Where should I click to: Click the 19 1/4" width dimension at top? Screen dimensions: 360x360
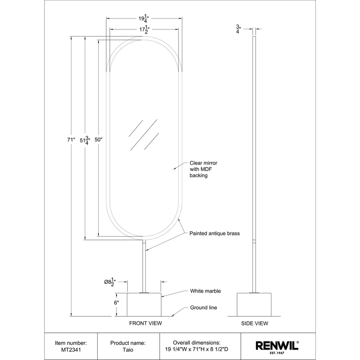tap(144, 19)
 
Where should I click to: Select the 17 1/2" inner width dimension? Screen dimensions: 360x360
tap(144, 30)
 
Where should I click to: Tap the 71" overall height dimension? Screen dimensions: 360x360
tap(71, 140)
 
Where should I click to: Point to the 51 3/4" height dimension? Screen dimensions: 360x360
tap(84, 140)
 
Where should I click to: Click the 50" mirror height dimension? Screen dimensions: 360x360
tap(99, 140)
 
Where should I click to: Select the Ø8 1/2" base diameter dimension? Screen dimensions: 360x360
tap(111, 282)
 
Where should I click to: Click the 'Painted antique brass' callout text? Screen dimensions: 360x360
tap(214, 234)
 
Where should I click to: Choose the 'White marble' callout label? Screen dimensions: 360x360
tap(205, 291)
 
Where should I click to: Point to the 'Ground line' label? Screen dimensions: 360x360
tap(203, 308)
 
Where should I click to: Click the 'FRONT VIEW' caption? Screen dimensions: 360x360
tap(145, 323)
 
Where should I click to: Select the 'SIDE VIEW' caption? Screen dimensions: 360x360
tap(255, 323)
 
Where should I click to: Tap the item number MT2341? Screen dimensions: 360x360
tap(71, 349)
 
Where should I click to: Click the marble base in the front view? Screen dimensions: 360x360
tap(144, 304)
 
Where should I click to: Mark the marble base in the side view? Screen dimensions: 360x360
tap(255, 304)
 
